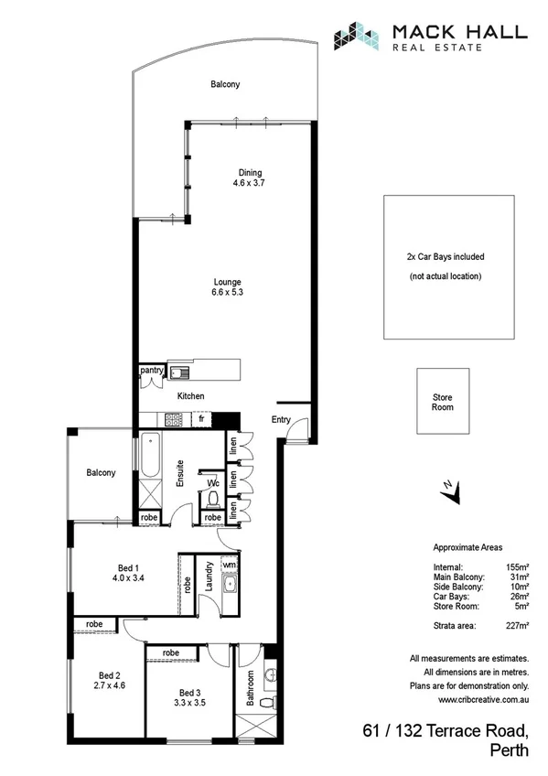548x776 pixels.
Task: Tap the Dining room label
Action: click(250, 173)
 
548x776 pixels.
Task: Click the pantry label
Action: click(151, 371)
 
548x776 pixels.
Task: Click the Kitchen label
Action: click(191, 396)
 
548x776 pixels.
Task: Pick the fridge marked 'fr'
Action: click(201, 419)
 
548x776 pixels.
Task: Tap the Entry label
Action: click(281, 419)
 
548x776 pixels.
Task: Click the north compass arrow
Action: click(448, 491)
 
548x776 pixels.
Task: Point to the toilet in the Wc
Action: click(212, 499)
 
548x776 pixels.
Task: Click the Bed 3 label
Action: click(189, 693)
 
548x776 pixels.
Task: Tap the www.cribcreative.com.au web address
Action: click(483, 700)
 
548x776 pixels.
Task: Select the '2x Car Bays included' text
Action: click(445, 257)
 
